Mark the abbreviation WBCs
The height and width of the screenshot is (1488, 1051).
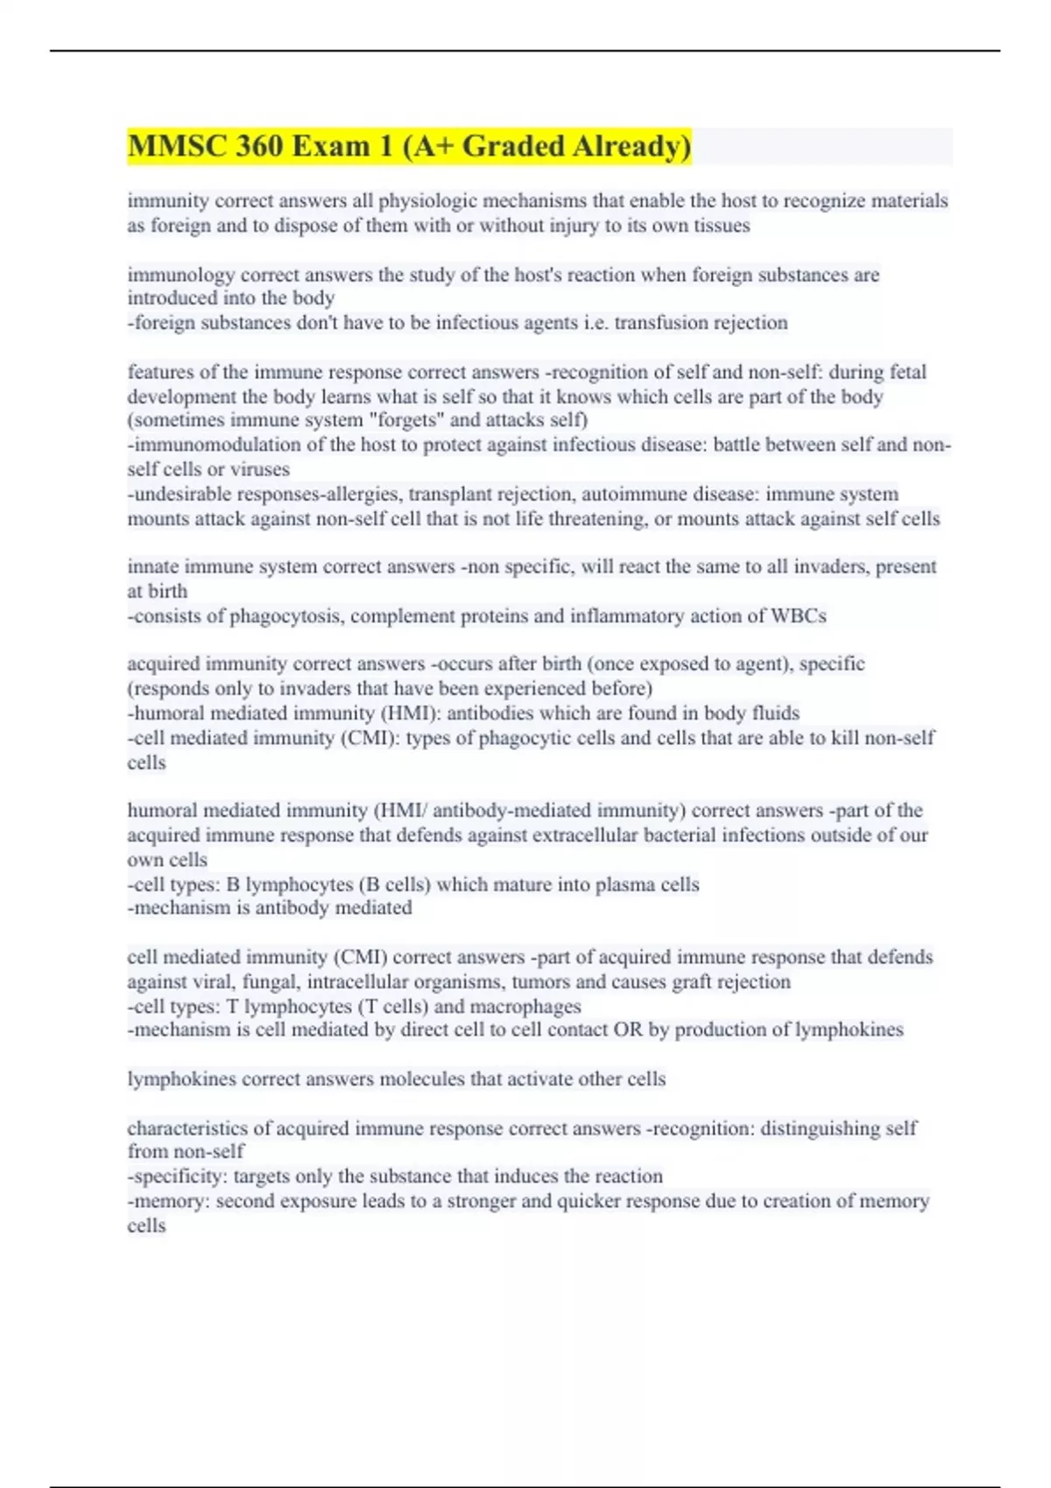(798, 616)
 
